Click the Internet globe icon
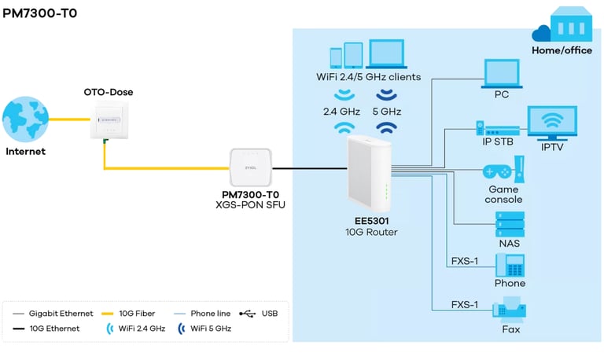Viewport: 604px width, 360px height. click(x=25, y=119)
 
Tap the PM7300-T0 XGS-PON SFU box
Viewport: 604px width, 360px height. click(x=251, y=167)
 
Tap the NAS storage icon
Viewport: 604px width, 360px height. click(x=509, y=222)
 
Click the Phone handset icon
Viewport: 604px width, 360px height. click(x=510, y=264)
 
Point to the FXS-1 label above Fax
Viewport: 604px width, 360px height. click(x=465, y=303)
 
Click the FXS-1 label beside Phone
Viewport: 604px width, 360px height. click(x=465, y=261)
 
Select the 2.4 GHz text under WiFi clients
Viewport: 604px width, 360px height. click(x=342, y=112)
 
